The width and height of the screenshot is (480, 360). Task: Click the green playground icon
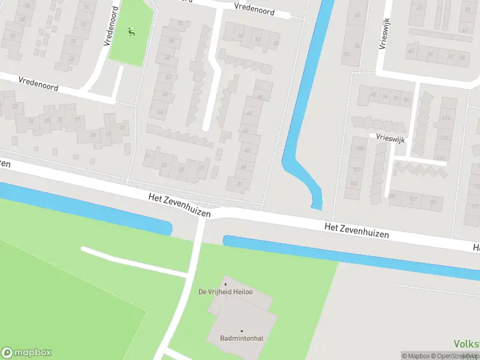point(132,31)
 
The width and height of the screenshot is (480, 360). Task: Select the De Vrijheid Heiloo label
point(225,292)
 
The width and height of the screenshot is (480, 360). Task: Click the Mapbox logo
point(26,353)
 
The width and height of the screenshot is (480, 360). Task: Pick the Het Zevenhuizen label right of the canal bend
point(356,230)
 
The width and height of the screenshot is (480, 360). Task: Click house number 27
point(77,119)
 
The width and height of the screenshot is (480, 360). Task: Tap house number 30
point(123,127)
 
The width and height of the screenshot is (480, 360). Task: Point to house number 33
point(163,165)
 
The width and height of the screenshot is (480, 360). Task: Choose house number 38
point(239,184)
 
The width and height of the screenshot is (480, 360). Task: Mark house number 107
point(413,199)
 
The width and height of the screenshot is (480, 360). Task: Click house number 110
point(441,159)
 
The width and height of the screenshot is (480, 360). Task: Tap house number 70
point(73,41)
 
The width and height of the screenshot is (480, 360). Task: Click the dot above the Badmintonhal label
point(242,331)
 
